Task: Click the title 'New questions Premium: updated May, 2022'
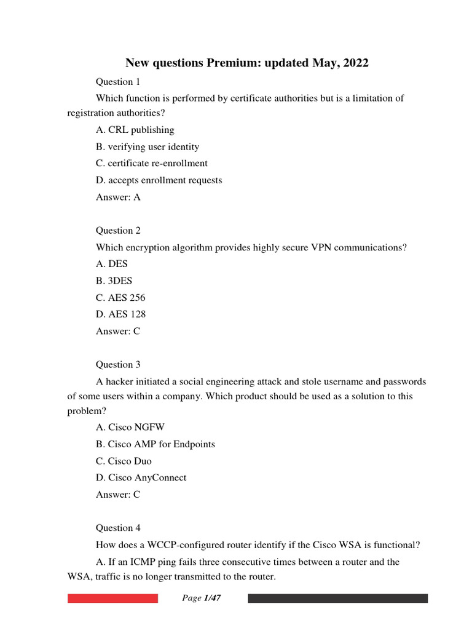click(x=247, y=63)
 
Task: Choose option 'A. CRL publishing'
click(x=135, y=130)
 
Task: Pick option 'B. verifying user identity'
click(x=147, y=147)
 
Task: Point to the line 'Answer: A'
click(x=119, y=197)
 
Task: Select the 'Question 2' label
click(x=118, y=231)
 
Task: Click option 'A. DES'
click(x=112, y=264)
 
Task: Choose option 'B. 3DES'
click(x=114, y=281)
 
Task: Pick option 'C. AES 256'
click(x=120, y=298)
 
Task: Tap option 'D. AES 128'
click(x=121, y=314)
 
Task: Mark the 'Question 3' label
click(x=118, y=364)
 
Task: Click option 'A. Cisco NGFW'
click(x=130, y=428)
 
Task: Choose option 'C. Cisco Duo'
click(x=124, y=461)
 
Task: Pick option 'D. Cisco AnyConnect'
click(x=141, y=477)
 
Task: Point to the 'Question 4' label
click(x=118, y=528)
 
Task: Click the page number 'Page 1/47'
click(x=202, y=599)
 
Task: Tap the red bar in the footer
click(x=112, y=599)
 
